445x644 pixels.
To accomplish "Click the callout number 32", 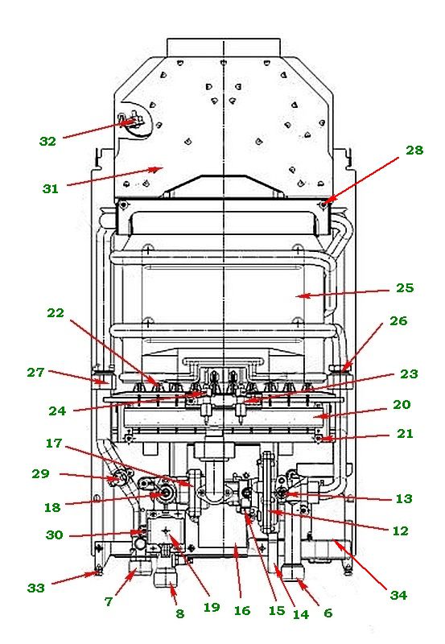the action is (x=47, y=142).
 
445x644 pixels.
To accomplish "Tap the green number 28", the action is (x=414, y=151).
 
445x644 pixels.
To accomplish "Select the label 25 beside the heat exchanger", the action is (x=405, y=288).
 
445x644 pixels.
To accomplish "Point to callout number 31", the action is (x=51, y=189).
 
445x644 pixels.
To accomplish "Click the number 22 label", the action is (x=56, y=313).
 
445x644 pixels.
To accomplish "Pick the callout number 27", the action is (x=35, y=373).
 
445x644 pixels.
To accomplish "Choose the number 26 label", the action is (x=398, y=320).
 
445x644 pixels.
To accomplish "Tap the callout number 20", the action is (x=402, y=405).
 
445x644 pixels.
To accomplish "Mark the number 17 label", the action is (x=54, y=444).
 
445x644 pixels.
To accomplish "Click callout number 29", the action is (x=40, y=473).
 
